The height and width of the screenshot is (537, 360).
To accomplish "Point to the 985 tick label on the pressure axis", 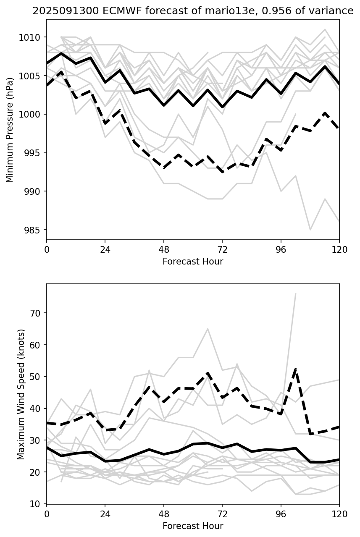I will pos(33,230).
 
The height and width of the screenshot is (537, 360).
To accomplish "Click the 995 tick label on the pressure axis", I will pos(33,153).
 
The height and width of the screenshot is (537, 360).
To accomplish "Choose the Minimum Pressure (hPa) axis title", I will pos(10,130).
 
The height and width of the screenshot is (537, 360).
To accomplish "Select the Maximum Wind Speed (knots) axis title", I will pos(21,394).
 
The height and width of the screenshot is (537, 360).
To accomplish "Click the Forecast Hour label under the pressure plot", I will pos(193,262).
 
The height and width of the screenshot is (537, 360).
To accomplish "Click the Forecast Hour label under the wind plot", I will pos(193,526).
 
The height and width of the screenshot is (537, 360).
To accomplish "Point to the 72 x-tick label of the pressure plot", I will pos(222,249).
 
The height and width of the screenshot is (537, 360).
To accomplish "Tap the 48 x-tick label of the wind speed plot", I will pos(164,513).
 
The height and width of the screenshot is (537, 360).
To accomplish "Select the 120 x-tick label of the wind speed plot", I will pos(339,513).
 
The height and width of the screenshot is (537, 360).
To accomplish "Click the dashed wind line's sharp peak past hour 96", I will pos(296,369).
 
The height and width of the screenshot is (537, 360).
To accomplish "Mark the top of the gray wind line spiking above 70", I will pos(296,294).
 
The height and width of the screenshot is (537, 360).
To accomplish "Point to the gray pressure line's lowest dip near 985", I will pos(310,230).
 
